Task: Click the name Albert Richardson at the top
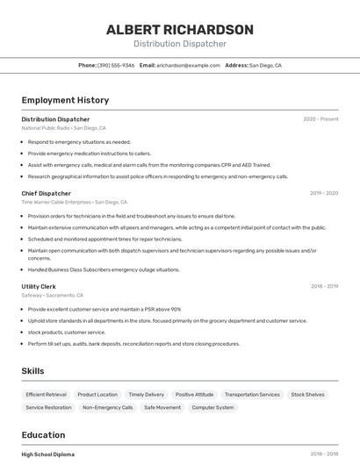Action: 179,30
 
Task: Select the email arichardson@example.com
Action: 188,65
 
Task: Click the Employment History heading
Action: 65,100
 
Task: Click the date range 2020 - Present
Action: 320,119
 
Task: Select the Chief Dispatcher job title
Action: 46,193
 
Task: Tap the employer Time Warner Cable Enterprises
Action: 56,202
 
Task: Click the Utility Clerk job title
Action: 39,286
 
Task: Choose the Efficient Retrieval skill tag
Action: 46,395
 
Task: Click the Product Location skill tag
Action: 97,395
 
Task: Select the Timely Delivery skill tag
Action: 146,395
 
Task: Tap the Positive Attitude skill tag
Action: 194,395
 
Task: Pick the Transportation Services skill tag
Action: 252,395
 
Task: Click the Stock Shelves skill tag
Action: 307,395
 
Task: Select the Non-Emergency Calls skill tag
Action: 107,408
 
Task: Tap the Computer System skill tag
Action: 212,408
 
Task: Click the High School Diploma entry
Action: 48,454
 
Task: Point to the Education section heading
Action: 43,435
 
